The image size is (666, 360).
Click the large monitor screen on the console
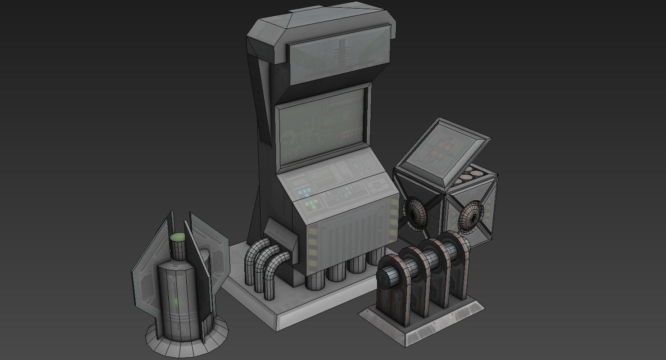[320, 126]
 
